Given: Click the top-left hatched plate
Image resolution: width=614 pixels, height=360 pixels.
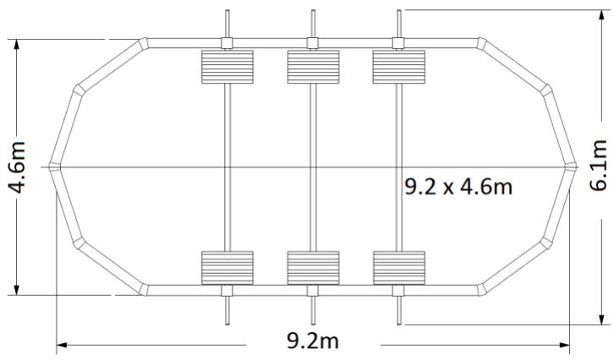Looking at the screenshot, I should (228, 67).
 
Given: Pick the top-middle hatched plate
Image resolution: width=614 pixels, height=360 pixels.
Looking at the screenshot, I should (313, 67).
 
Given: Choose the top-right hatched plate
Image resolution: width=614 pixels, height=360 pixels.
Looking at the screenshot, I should (398, 67).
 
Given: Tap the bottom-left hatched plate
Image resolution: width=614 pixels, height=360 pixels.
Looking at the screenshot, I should (228, 267).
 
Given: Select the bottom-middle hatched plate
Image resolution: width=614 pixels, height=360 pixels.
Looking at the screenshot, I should (313, 267).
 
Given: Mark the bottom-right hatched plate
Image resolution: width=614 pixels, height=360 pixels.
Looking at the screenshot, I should (398, 267).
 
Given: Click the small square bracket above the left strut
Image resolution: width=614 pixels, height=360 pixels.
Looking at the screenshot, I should (228, 44).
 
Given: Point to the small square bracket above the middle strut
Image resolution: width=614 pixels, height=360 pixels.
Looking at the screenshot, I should (313, 44).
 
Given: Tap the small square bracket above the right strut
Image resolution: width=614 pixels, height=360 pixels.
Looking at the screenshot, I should (398, 44).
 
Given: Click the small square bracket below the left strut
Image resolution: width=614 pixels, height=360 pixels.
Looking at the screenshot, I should (228, 291).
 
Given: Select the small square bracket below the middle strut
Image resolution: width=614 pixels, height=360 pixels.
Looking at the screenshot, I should (313, 291).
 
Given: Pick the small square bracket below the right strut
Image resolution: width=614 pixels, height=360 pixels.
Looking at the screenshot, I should (398, 291).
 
